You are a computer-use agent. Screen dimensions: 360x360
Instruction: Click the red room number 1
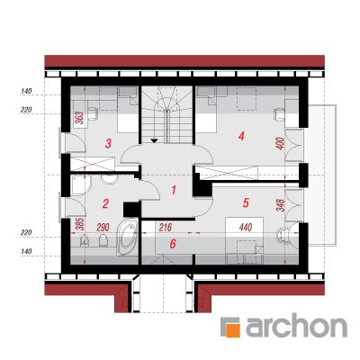pos(174,190)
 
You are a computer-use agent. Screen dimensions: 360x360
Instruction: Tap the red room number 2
pos(105,203)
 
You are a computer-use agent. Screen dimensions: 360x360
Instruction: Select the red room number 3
pos(108,143)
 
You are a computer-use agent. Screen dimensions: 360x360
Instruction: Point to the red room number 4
pos(241,136)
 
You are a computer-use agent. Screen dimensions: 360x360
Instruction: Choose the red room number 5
pos(246,203)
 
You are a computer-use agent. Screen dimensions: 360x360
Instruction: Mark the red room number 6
pos(173,244)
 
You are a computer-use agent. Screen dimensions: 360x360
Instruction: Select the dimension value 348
pos(281,204)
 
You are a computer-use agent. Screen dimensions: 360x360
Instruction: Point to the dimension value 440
pos(246,228)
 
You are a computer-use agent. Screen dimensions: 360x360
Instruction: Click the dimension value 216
pos(166,228)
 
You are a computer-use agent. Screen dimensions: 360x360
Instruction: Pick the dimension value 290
pos(103,228)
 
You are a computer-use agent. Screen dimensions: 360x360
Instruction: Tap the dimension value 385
pos(80,224)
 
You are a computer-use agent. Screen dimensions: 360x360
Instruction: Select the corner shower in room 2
pos(81,186)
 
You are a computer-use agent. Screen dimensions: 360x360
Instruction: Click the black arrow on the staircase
pos(155,139)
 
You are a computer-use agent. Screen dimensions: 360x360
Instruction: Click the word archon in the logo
pos(296,326)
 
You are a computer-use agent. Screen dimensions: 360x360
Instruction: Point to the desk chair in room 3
pos(93,113)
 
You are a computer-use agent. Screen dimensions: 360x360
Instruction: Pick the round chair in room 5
pos(283,234)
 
